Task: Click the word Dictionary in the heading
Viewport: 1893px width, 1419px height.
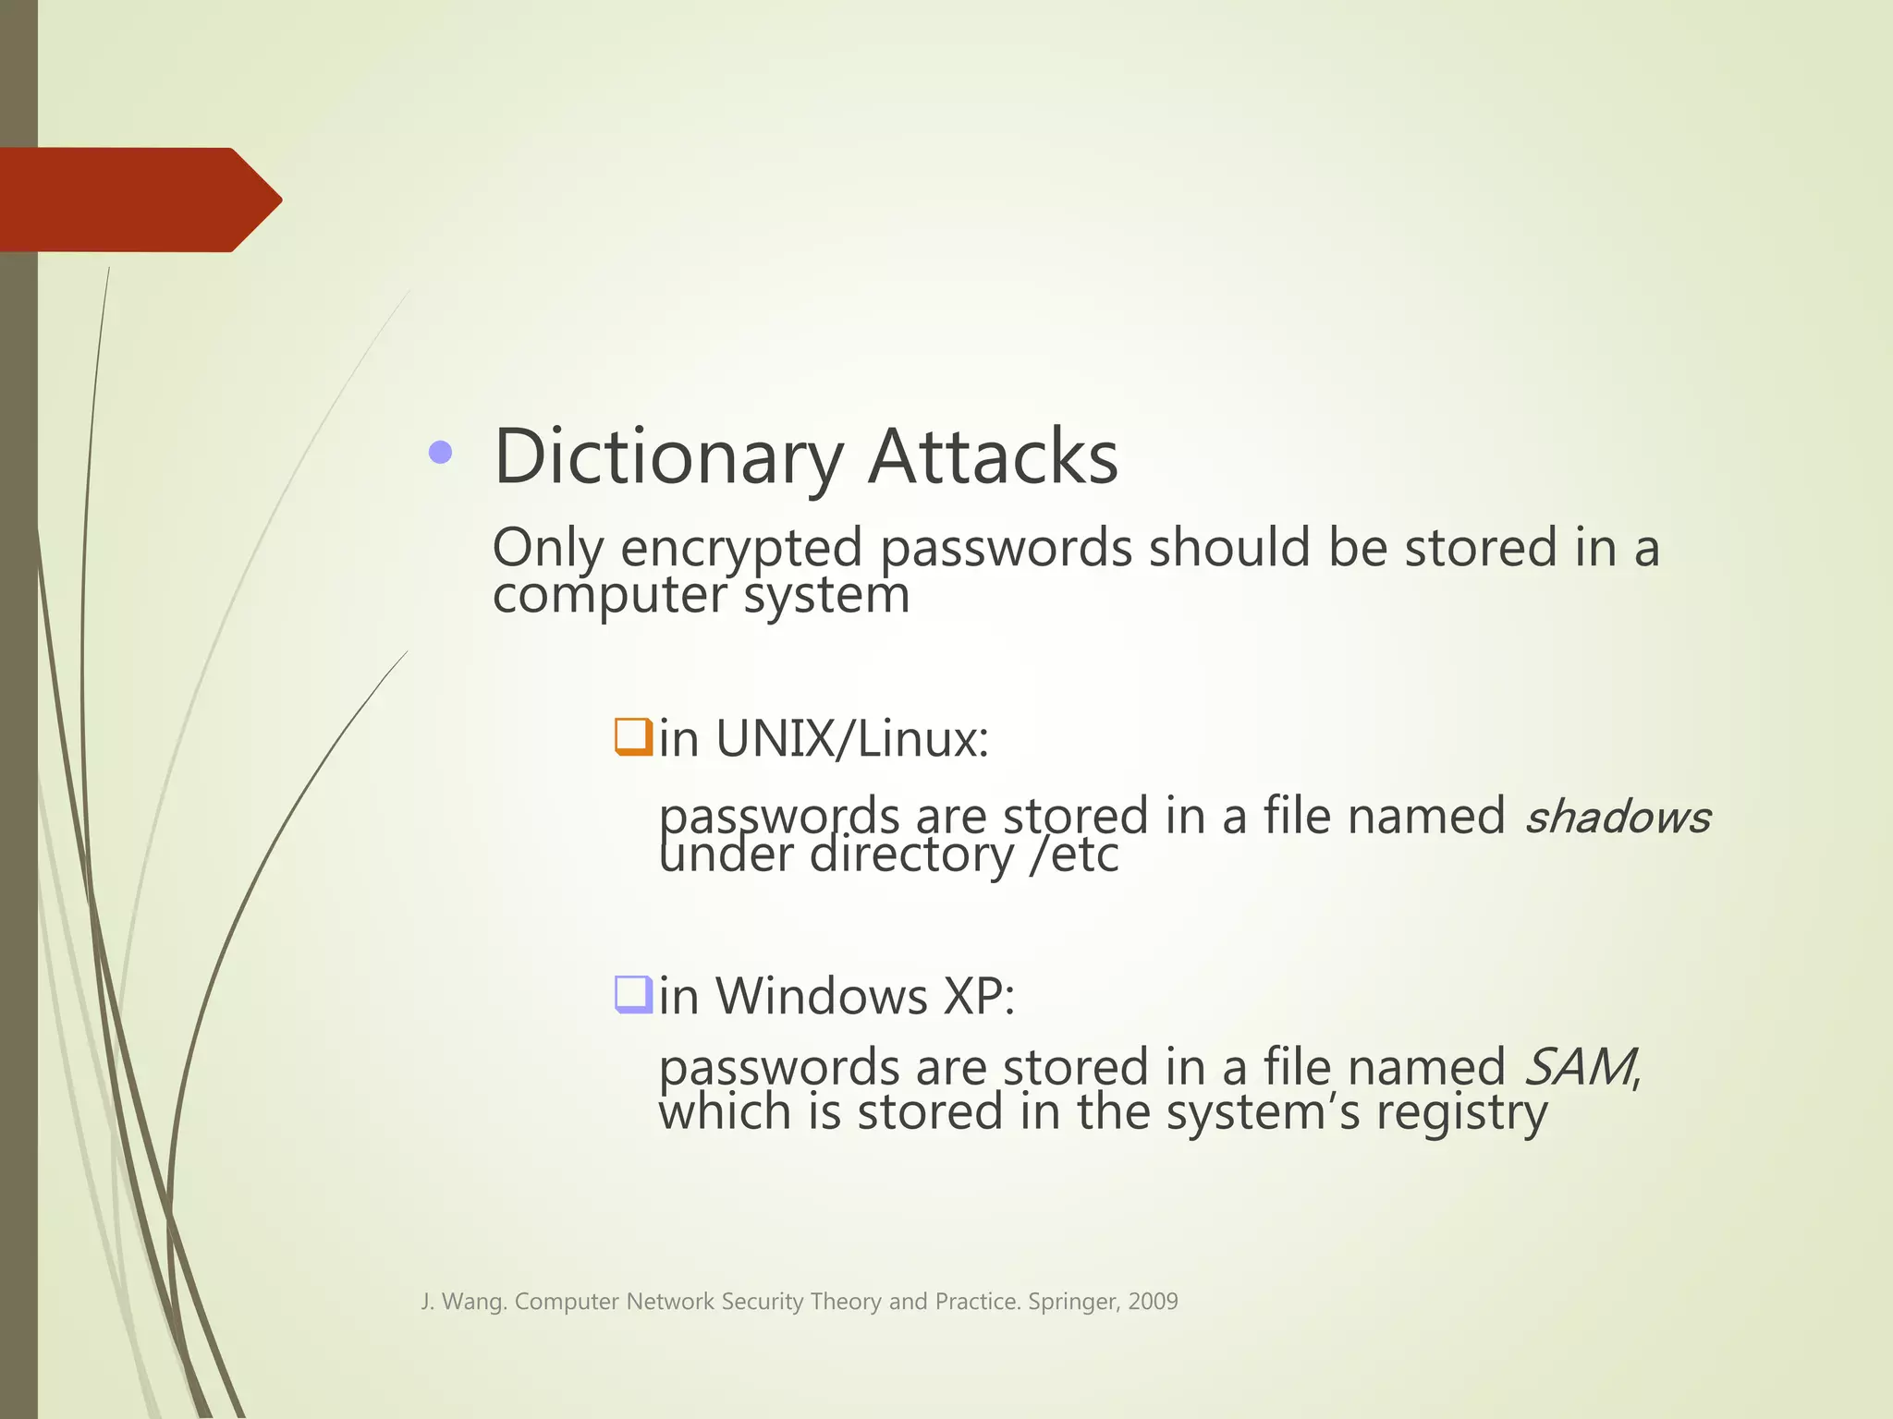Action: (668, 457)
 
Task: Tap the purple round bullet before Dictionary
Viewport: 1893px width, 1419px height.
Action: (441, 453)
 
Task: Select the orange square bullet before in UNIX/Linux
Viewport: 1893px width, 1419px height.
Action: (634, 737)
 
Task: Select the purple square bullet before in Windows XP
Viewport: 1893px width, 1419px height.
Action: (634, 995)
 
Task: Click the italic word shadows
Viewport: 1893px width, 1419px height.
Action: (1617, 818)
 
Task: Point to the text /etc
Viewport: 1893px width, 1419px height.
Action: (1075, 855)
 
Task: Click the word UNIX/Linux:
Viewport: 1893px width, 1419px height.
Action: (851, 739)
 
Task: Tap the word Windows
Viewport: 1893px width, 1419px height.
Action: (821, 997)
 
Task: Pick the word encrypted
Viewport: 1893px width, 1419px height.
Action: (741, 549)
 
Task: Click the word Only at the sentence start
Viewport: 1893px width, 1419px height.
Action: (547, 549)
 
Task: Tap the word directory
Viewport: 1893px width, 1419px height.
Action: (911, 855)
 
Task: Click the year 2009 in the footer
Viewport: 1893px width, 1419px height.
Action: (1153, 1302)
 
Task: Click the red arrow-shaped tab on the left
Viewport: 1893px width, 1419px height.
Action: (139, 200)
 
